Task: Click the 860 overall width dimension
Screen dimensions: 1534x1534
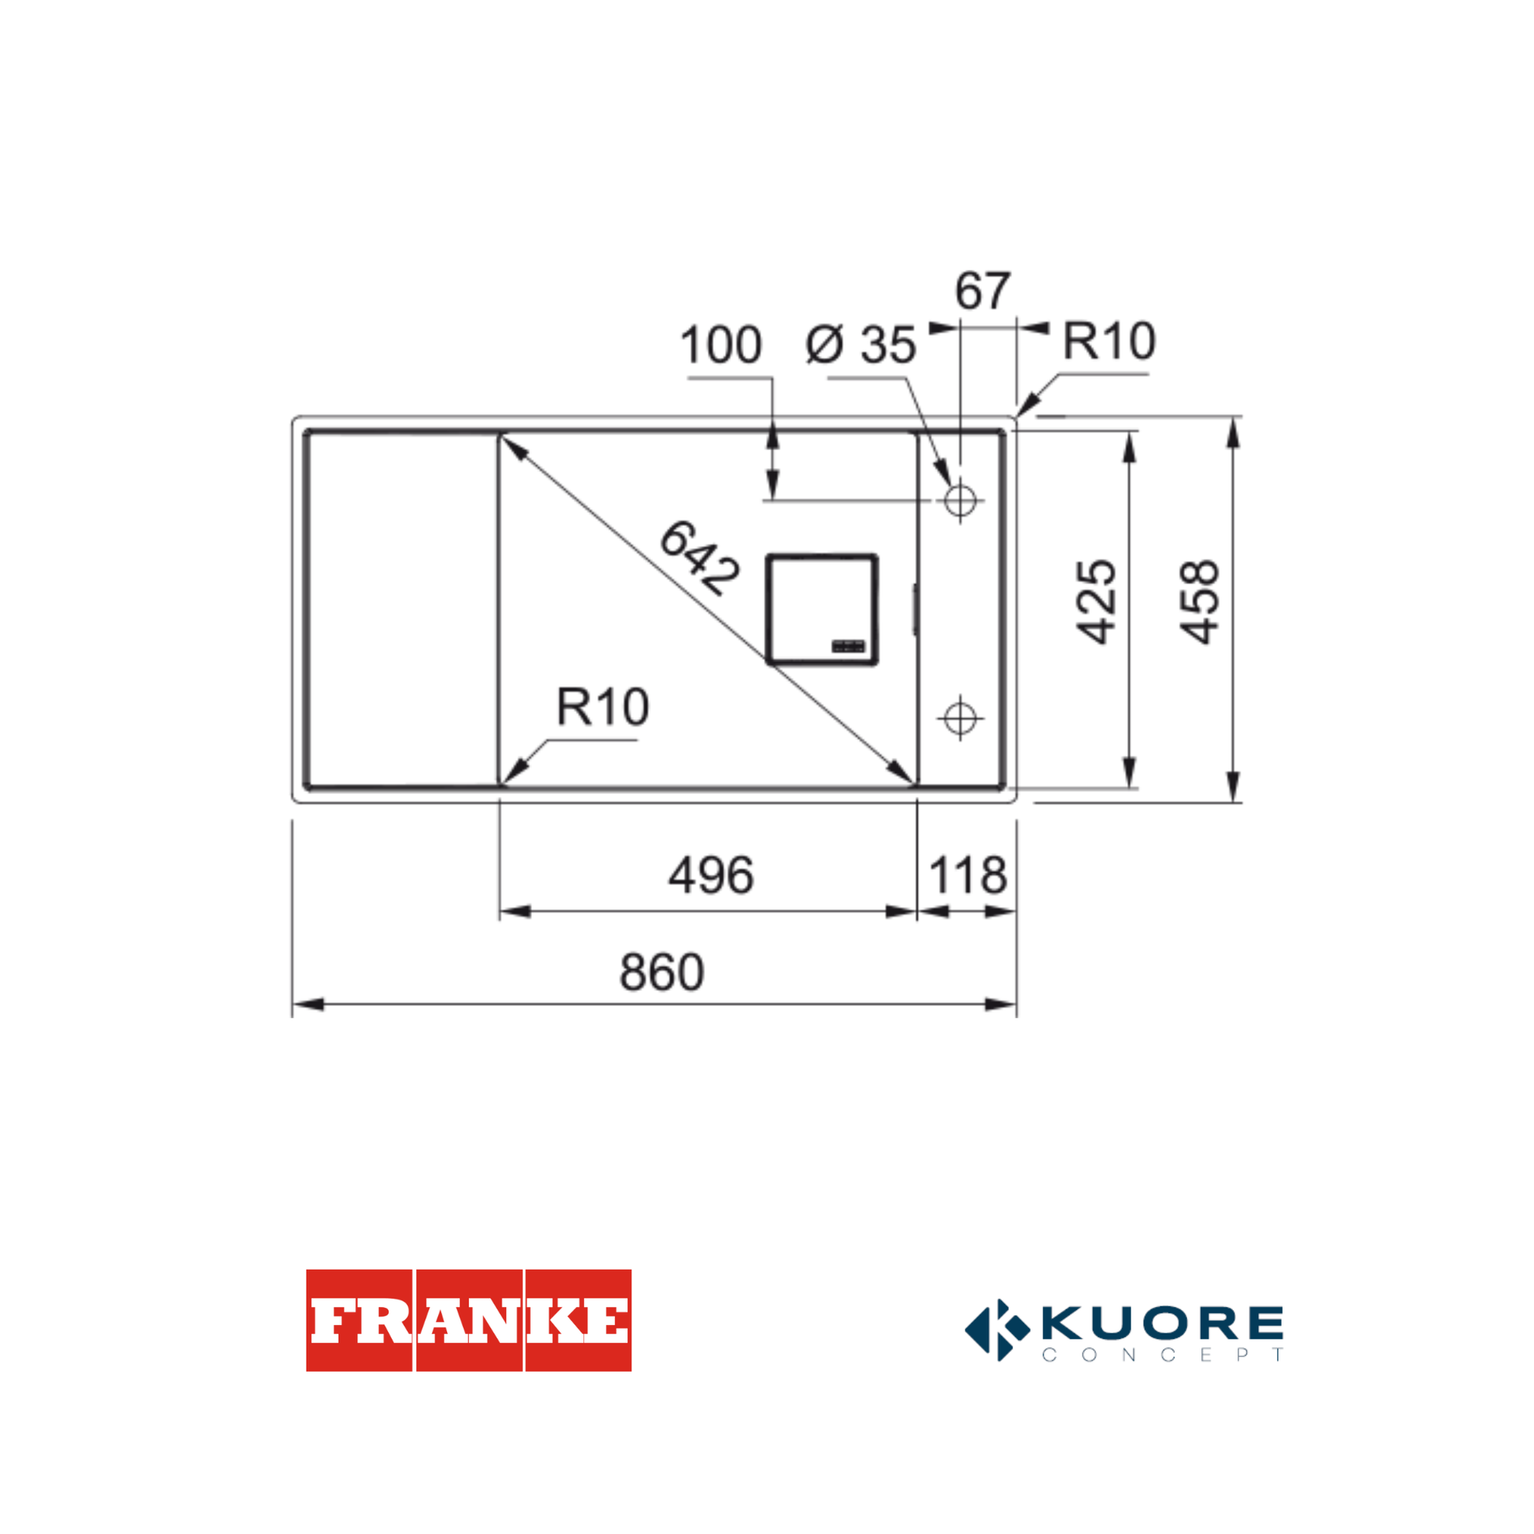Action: coord(661,973)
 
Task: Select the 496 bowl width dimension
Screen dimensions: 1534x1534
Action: coord(711,877)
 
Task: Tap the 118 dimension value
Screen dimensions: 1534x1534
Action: coord(968,877)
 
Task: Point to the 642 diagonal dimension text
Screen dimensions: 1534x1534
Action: coord(699,557)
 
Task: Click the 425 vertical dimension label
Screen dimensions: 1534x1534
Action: coord(1096,601)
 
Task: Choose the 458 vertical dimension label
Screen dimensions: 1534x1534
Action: coord(1199,601)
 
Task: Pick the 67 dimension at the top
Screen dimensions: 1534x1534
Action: coord(982,291)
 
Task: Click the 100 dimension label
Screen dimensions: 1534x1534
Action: coord(721,344)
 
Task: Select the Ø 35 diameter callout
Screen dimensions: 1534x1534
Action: coord(861,344)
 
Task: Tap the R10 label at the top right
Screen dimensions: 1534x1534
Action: coord(1108,341)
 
